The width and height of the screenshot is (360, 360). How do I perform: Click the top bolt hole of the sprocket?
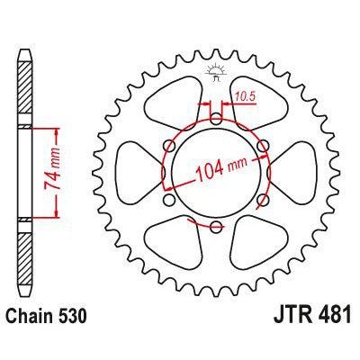point(216,117)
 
